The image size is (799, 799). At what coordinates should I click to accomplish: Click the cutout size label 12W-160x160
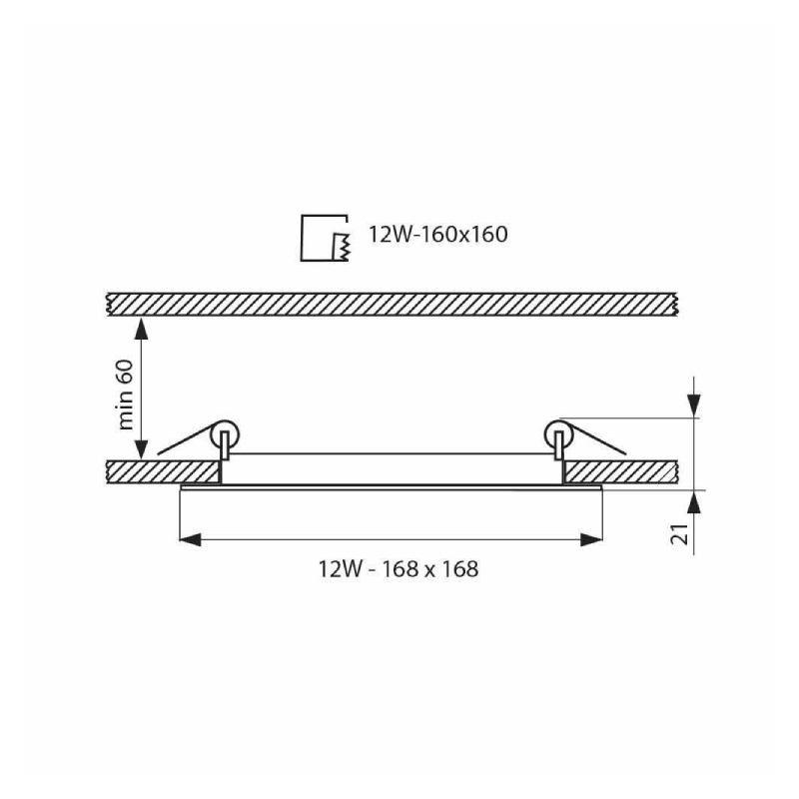click(438, 235)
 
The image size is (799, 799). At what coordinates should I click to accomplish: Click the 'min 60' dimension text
click(126, 395)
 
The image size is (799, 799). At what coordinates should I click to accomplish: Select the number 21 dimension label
click(680, 533)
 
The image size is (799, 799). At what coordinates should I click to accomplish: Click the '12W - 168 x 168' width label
click(399, 568)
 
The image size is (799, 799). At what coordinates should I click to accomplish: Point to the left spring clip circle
click(224, 434)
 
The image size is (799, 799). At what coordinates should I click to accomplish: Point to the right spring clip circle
click(558, 434)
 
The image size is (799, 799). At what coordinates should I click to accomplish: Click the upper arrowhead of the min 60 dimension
click(141, 329)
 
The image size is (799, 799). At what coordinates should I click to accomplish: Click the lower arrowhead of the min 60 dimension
click(141, 448)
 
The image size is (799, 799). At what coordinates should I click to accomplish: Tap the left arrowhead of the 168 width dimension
click(191, 539)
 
